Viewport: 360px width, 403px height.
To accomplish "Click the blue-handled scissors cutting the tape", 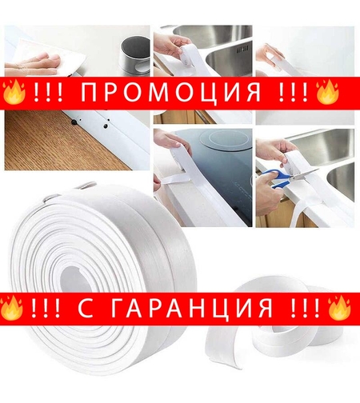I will tap(284, 178).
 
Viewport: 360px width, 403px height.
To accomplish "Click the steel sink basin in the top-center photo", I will tap(216, 40).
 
